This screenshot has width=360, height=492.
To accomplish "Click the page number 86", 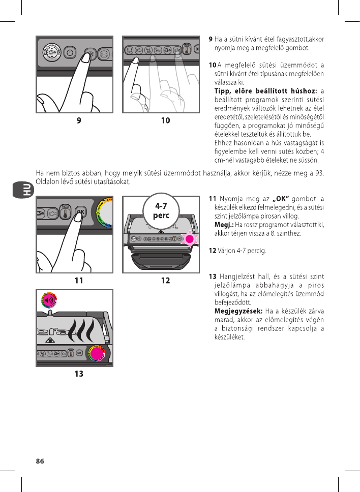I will click(40, 462).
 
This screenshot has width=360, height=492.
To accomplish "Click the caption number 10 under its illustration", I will click(165, 121).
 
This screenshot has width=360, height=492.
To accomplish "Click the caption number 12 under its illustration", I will click(165, 280).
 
